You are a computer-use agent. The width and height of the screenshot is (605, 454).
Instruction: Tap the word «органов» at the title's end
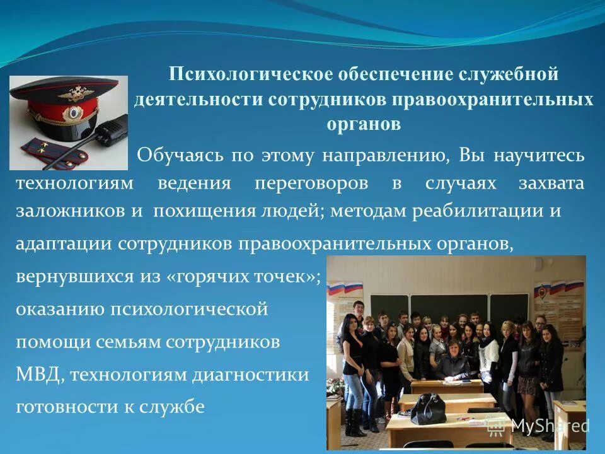(364, 123)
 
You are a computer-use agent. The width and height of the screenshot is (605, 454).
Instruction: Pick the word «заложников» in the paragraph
(70, 211)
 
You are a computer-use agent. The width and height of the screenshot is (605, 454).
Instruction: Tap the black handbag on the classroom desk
(428, 409)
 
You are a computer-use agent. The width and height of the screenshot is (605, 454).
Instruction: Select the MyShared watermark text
(549, 426)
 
